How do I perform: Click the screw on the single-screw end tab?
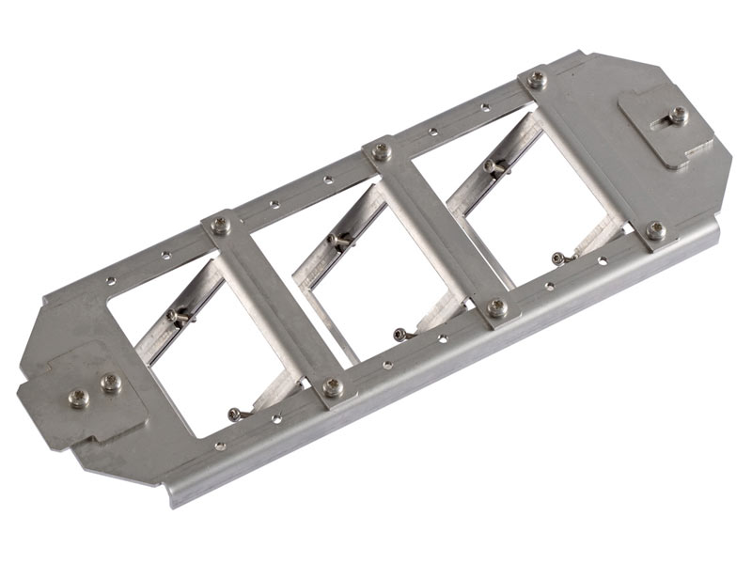[677, 115]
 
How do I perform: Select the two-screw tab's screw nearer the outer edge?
[80, 398]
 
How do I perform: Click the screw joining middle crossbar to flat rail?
[382, 150]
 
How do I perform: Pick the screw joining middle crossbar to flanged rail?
[497, 306]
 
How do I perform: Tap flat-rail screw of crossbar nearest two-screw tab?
[221, 225]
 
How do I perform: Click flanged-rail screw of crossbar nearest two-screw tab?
[333, 386]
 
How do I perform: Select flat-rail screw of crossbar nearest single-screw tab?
[537, 79]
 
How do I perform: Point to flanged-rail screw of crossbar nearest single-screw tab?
[656, 229]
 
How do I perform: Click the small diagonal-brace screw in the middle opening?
[336, 241]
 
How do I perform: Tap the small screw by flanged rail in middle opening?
[401, 334]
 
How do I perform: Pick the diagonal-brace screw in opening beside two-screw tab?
[176, 317]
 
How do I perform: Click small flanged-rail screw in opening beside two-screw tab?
[235, 413]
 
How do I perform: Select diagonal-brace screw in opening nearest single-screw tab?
[493, 166]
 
